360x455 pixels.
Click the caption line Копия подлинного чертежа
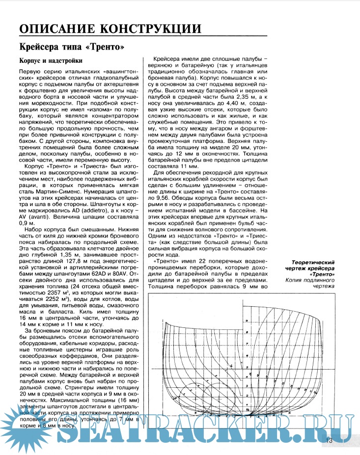coord(330,283)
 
